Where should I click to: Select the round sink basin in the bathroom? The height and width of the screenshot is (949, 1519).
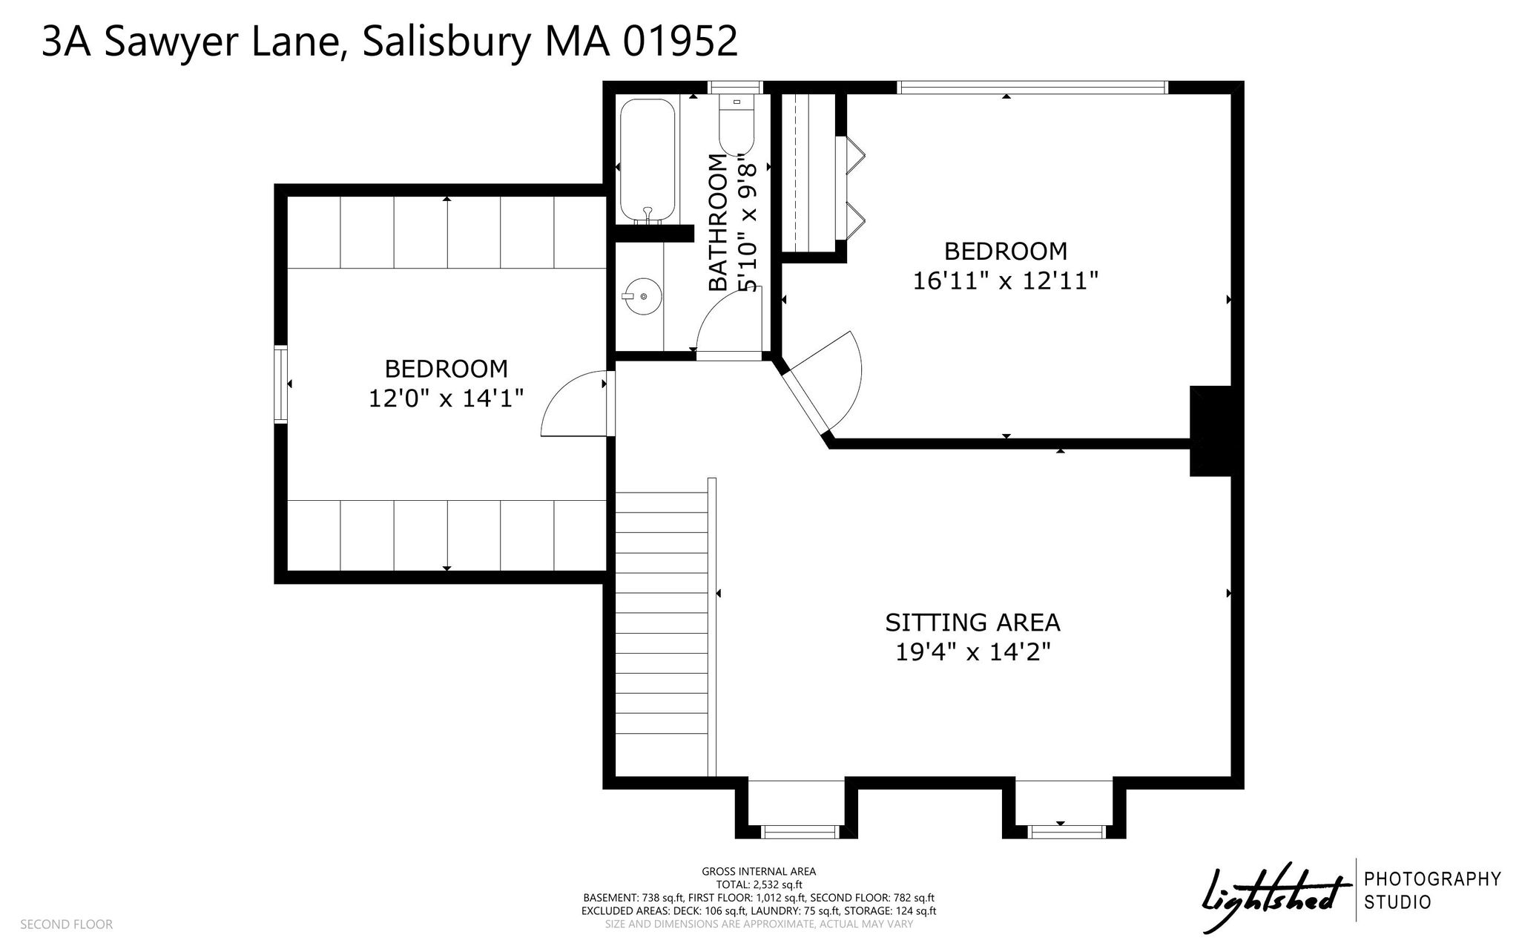tap(642, 297)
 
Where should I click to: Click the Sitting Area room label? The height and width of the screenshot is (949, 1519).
tap(972, 622)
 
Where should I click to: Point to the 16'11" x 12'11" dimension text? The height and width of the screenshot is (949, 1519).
tap(1005, 281)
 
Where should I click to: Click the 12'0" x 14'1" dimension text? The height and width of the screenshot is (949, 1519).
tap(447, 398)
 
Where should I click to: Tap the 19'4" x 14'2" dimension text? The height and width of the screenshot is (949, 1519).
tap(972, 652)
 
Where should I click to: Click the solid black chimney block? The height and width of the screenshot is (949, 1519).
tap(1210, 431)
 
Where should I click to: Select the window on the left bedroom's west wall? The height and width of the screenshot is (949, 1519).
tap(280, 384)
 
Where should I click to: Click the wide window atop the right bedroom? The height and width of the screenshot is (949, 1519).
tap(1032, 88)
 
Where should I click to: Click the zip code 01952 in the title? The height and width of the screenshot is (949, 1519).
tap(680, 42)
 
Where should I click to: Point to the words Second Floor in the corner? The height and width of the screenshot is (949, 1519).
tap(66, 925)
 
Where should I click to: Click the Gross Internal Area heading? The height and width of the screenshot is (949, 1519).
tap(759, 872)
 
